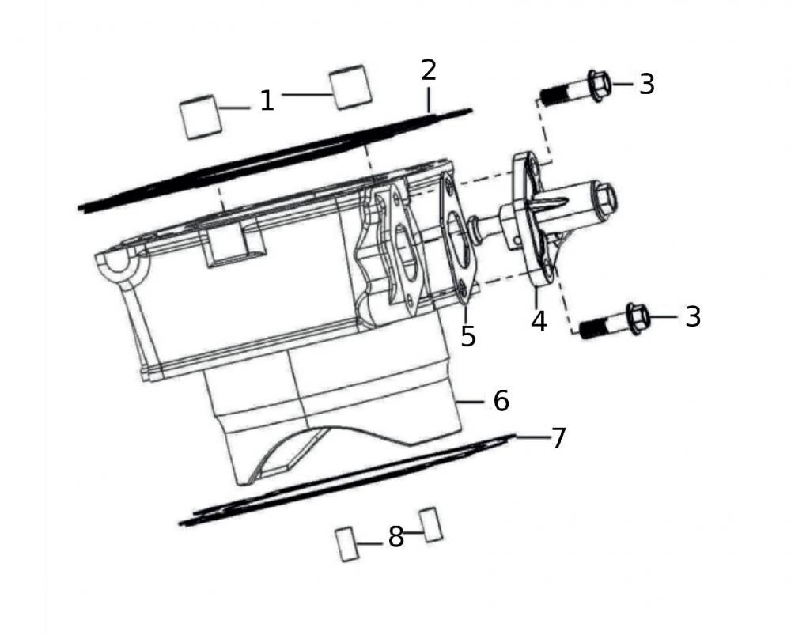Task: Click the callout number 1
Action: coord(267,100)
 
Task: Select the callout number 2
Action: coord(428,70)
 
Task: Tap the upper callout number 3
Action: coord(647,84)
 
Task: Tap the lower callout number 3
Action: coord(693,316)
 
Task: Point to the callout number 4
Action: coord(539,322)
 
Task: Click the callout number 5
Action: coord(468,336)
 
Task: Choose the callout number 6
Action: coord(501,401)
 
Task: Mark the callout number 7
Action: coord(558,438)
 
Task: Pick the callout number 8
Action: coord(395,538)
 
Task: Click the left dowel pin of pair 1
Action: coord(199,117)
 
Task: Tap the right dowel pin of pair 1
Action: coord(350,87)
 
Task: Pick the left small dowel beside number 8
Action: coord(346,544)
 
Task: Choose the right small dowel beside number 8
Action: coord(431,523)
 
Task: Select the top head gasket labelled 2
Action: coord(277,158)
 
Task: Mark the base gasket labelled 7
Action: coord(348,482)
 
